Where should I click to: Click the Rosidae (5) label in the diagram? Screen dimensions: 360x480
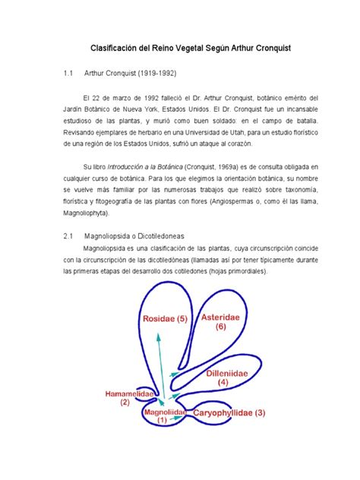tap(161, 319)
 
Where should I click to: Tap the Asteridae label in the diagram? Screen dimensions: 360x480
tap(221, 316)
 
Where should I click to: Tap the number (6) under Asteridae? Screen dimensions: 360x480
tap(221, 327)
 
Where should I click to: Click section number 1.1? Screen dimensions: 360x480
tap(68, 75)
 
